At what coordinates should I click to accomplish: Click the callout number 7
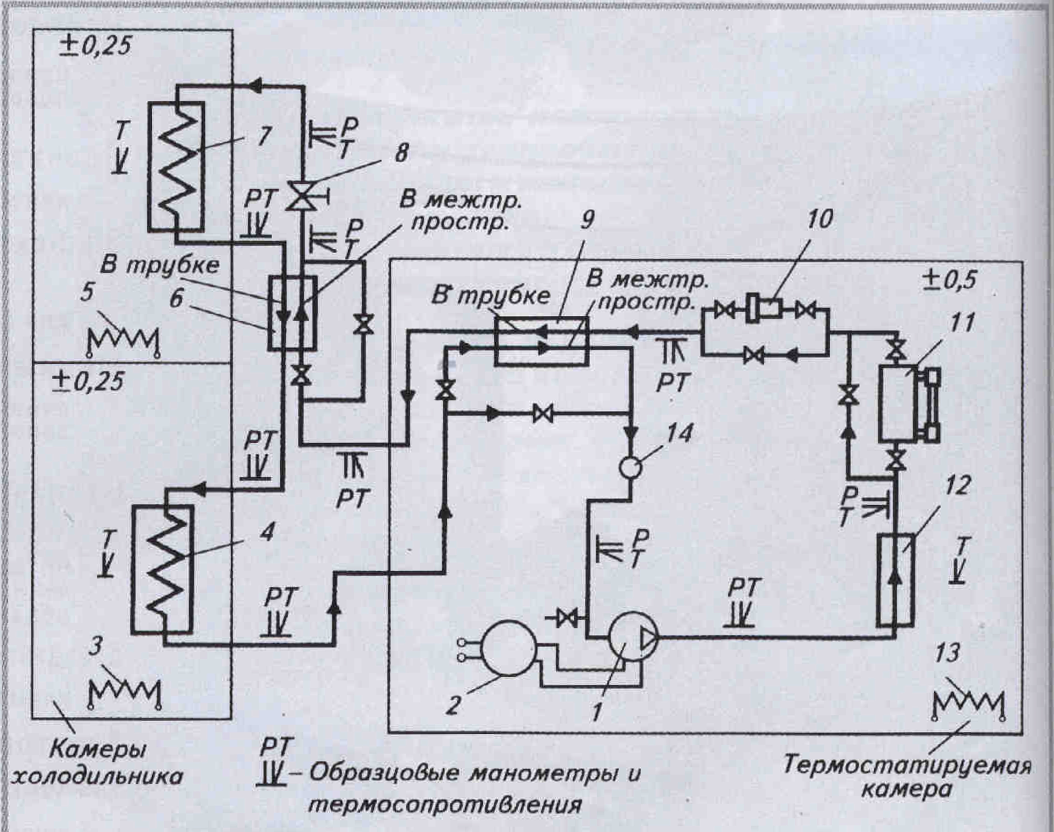tap(263, 137)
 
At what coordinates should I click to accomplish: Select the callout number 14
tap(680, 433)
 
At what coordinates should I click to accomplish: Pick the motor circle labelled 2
tap(508, 648)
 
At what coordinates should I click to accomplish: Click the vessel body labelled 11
tap(897, 405)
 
